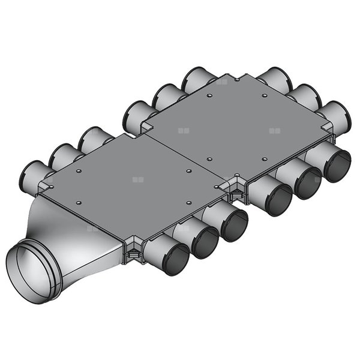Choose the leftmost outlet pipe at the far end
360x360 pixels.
(x=276, y=78)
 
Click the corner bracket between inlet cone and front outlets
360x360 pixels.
(x=134, y=250)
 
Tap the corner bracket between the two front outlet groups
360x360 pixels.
(x=235, y=187)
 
